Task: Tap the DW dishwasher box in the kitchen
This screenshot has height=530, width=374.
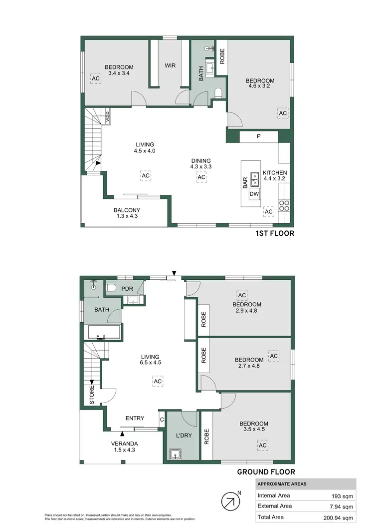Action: coord(254,193)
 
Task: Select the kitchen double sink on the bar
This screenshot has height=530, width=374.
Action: coord(254,176)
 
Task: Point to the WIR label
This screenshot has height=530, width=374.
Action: coord(170,65)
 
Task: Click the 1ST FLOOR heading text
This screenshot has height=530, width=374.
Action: coord(275,233)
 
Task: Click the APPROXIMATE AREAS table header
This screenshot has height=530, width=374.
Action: coord(282,484)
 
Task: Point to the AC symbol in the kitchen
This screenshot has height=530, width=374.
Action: coord(269,212)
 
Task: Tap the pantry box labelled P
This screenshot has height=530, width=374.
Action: coord(258,137)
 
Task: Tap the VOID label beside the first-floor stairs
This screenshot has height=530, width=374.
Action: coord(107,118)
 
